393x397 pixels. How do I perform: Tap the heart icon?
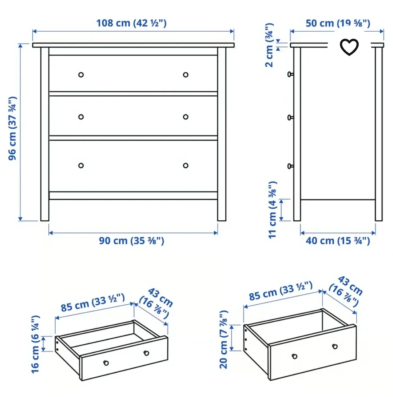pos(349,47)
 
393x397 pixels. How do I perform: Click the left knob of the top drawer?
pos(81,75)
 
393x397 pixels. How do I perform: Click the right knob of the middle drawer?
pos(186,117)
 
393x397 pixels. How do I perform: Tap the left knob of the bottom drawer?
pos(81,165)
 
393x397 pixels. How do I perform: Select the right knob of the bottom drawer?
pos(186,165)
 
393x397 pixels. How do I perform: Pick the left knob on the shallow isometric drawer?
pos(106,362)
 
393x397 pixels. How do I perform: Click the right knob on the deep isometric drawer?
pos(335,346)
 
